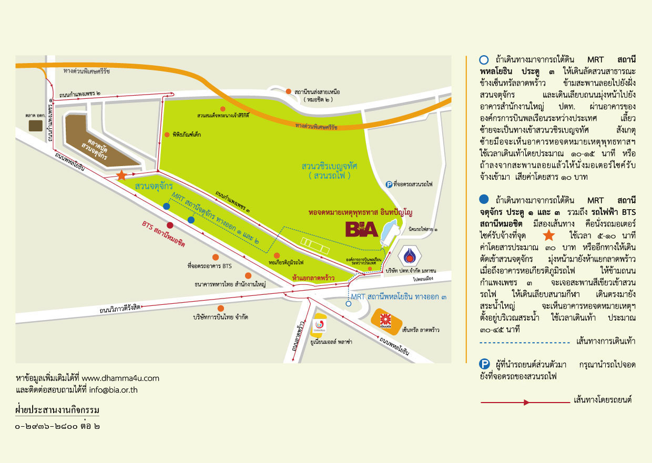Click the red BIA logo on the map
pyautogui.click(x=362, y=229)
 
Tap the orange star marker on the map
pyautogui.click(x=121, y=176)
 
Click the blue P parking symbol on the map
pyautogui.click(x=389, y=184)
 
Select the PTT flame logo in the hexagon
pyautogui.click(x=410, y=257)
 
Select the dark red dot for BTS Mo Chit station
pyautogui.click(x=170, y=226)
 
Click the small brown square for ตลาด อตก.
pyautogui.click(x=36, y=125)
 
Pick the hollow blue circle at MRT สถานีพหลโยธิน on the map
pyautogui.click(x=348, y=303)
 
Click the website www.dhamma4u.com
pyautogui.click(x=120, y=378)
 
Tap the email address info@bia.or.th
pyautogui.click(x=113, y=390)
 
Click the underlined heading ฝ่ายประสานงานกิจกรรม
pyautogui.click(x=57, y=410)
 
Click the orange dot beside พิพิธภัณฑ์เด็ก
pyautogui.click(x=167, y=135)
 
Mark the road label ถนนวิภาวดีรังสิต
pyautogui.click(x=120, y=308)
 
